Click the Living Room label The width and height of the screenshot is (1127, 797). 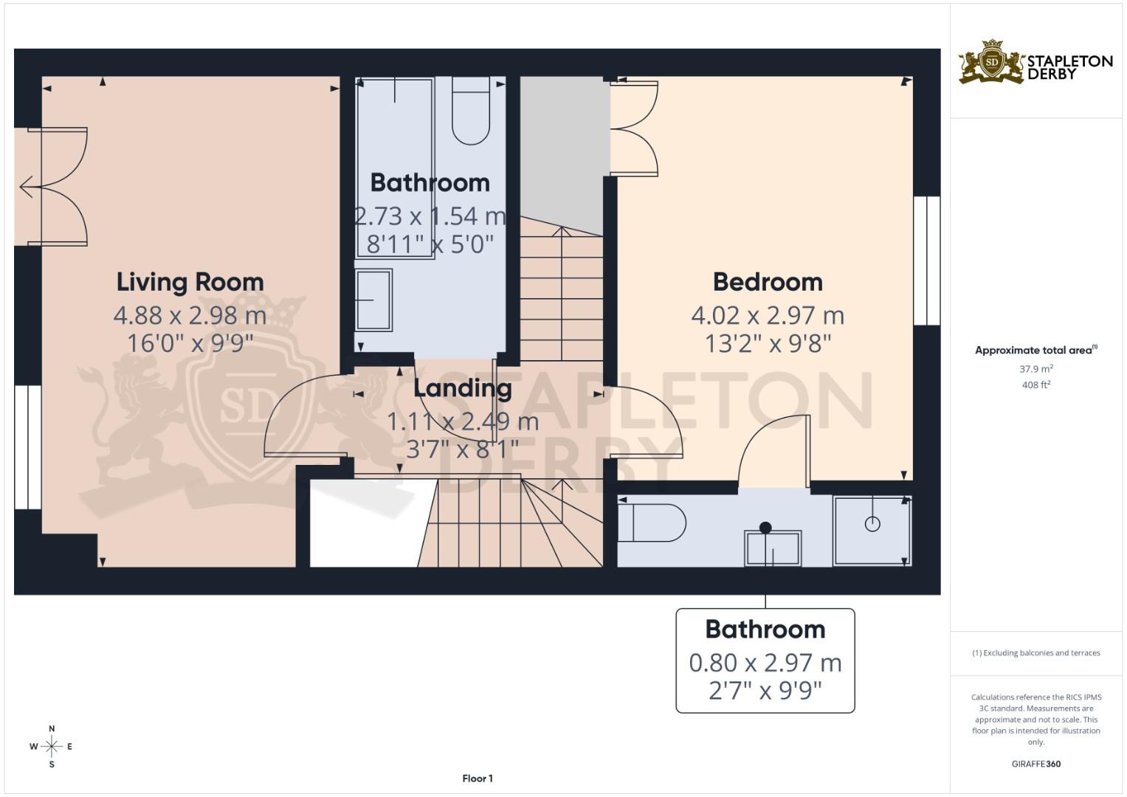pos(190,282)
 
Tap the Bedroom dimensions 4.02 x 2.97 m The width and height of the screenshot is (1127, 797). pos(768,316)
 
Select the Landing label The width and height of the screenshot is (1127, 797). pos(462,387)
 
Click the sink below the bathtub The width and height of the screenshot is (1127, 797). pos(373,300)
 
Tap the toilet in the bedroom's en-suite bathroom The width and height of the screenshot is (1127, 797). pos(652,522)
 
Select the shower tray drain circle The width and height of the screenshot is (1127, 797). pos(872,524)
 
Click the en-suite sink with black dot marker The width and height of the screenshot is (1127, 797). pos(773,547)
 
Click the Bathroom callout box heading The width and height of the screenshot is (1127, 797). pos(765,629)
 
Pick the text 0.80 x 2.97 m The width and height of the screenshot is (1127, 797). pos(765,663)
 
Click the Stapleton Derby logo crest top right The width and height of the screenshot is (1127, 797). pos(991,62)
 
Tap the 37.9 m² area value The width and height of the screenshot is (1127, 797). pos(1035,368)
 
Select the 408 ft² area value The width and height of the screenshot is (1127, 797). pos(1035,384)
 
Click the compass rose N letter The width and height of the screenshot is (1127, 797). pos(52,728)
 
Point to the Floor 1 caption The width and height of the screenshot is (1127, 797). pos(478,778)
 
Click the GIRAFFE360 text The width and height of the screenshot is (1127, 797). pos(1035,764)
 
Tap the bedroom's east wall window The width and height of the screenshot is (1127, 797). pos(926,261)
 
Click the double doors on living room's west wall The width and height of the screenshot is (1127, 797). pos(55,187)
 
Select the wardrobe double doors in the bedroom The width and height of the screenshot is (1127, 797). pos(635,128)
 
